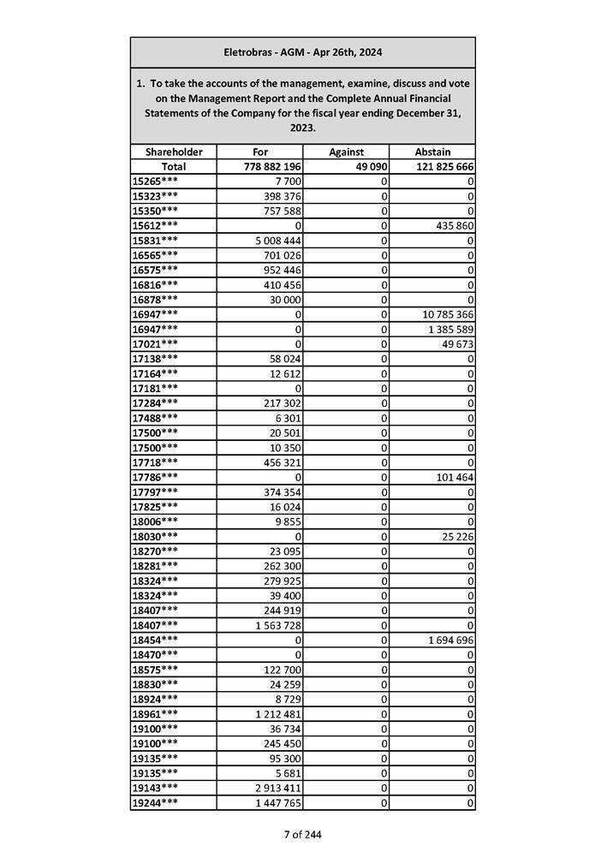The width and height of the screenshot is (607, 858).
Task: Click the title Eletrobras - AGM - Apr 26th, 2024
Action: coord(302,52)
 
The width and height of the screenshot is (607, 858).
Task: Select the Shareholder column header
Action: coord(174,152)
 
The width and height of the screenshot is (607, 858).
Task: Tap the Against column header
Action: coord(346,152)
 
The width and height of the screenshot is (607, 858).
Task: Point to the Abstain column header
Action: coord(432,152)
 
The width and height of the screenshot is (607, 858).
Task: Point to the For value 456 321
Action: coord(280,462)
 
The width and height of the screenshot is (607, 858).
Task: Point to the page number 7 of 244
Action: coord(303,834)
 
